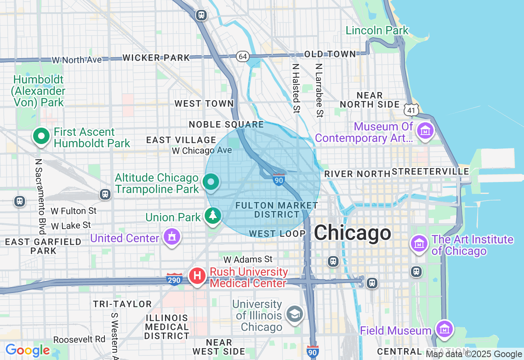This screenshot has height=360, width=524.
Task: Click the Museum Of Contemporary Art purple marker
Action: [x=425, y=131]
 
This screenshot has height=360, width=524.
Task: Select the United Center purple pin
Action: [x=172, y=237]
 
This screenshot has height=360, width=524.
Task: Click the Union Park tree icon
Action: [x=212, y=216]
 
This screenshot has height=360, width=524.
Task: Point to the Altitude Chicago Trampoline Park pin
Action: [x=211, y=182]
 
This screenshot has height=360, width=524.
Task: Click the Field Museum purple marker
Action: [x=444, y=328]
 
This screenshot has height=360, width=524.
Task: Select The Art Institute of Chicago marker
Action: [x=419, y=244]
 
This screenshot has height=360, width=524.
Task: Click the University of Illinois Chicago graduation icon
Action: [x=294, y=315]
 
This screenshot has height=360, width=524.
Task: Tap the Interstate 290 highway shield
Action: [x=174, y=280]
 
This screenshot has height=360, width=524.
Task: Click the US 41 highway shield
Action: [x=411, y=109]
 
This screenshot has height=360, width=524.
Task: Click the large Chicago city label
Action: [x=352, y=233]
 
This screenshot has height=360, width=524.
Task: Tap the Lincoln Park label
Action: [x=377, y=31]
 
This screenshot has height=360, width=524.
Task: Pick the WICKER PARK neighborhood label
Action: [x=156, y=58]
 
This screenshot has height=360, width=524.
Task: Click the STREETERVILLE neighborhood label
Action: [x=431, y=172]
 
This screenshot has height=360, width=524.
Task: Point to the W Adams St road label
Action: [x=248, y=259]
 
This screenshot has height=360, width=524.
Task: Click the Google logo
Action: [x=27, y=351]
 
